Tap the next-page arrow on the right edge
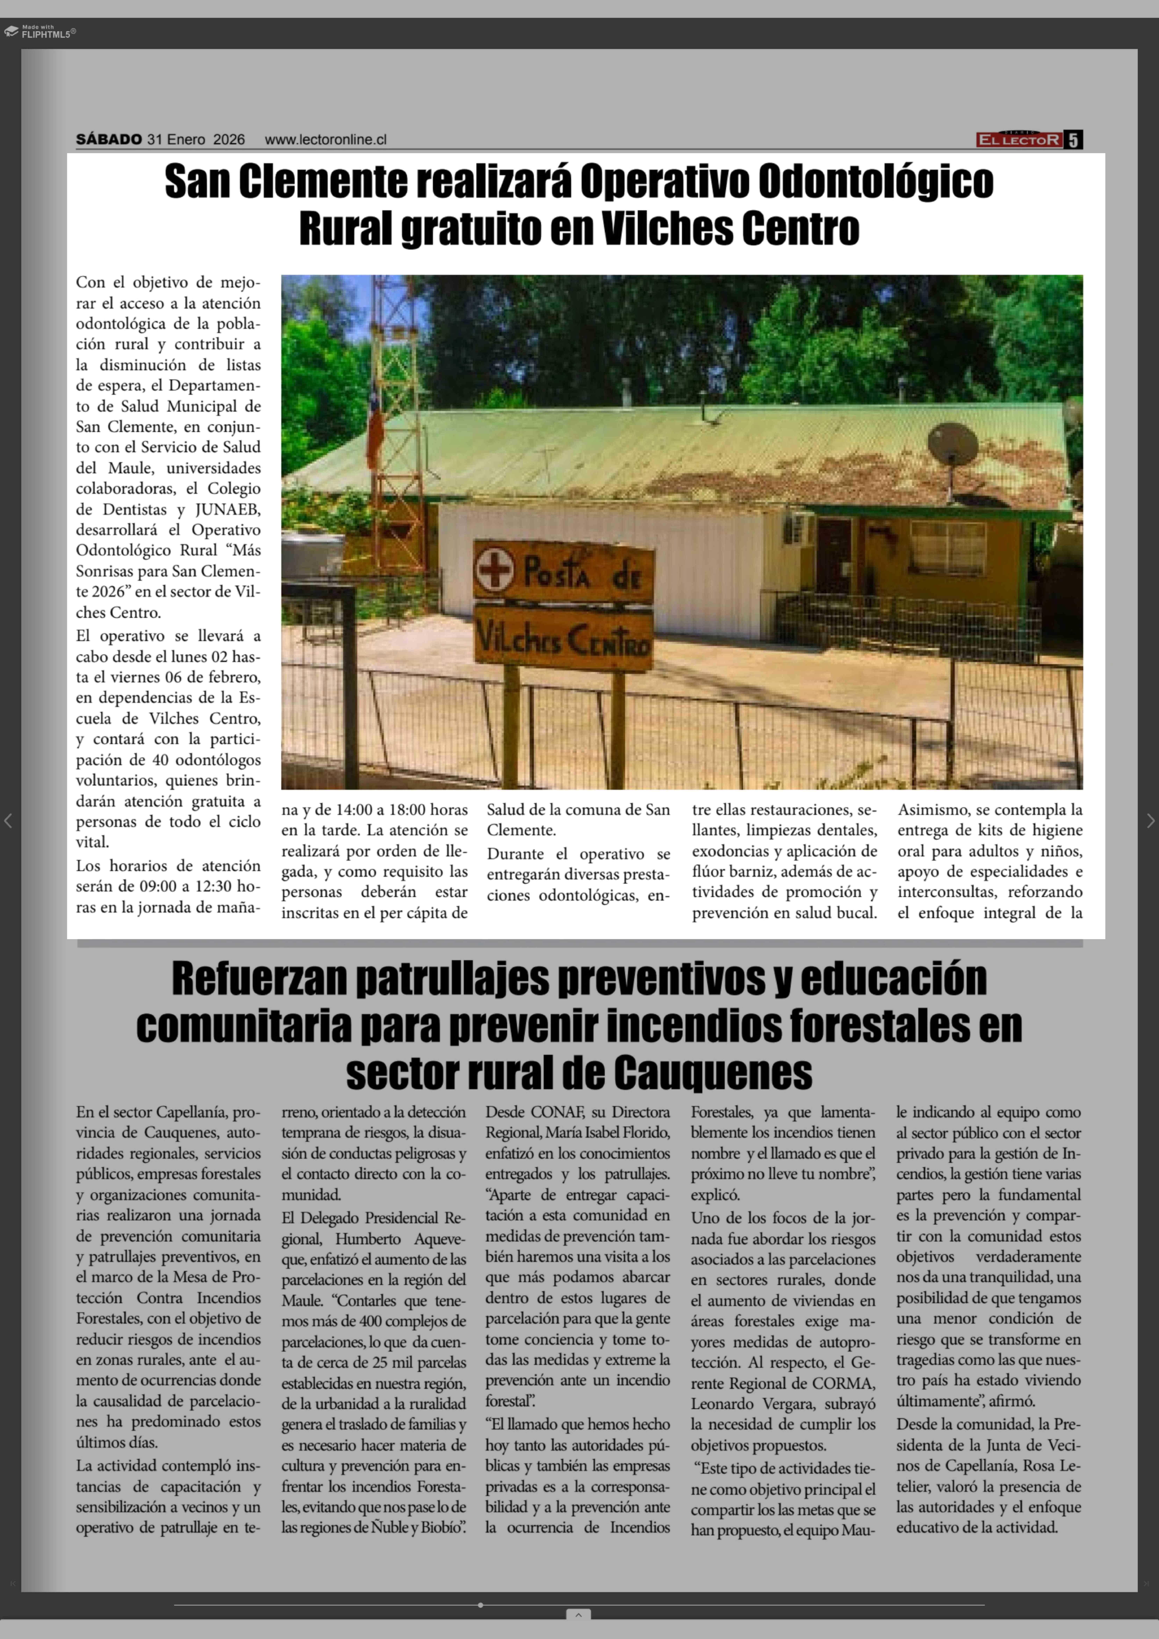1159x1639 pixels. pyautogui.click(x=1150, y=821)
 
